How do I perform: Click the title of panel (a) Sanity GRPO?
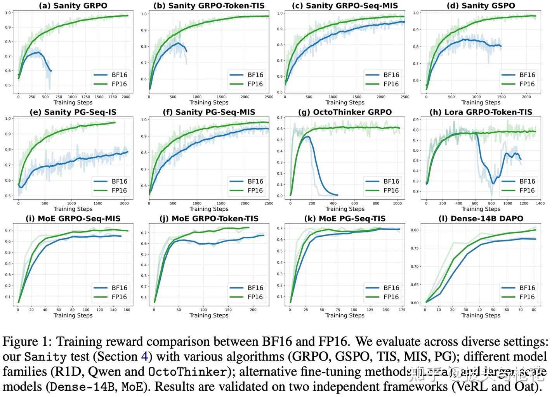[73, 6]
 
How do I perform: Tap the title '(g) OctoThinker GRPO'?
[345, 112]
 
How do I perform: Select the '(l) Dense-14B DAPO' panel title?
[481, 218]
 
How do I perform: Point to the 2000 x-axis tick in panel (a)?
[125, 97]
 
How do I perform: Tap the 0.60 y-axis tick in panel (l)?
[415, 303]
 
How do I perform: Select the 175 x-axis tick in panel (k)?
[402, 310]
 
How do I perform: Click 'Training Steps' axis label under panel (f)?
[209, 209]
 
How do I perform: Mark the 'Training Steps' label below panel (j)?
[209, 316]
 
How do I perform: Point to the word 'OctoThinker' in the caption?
[188, 372]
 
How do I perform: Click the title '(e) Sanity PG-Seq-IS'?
[73, 112]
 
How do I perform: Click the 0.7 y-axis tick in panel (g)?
[279, 118]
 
